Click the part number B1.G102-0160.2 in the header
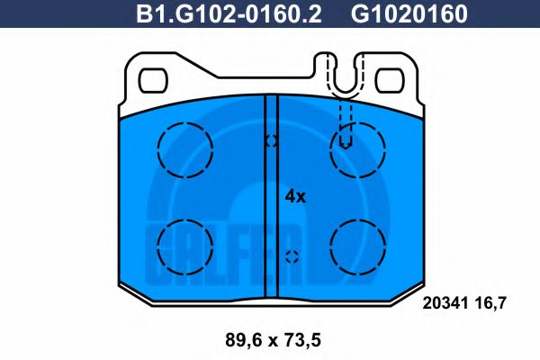(229, 13)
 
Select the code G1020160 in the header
(409, 13)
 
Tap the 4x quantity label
(295, 197)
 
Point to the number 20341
(445, 303)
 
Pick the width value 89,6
(244, 340)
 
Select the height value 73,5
(302, 340)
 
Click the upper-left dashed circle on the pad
(184, 122)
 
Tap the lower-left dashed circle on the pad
(184, 219)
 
